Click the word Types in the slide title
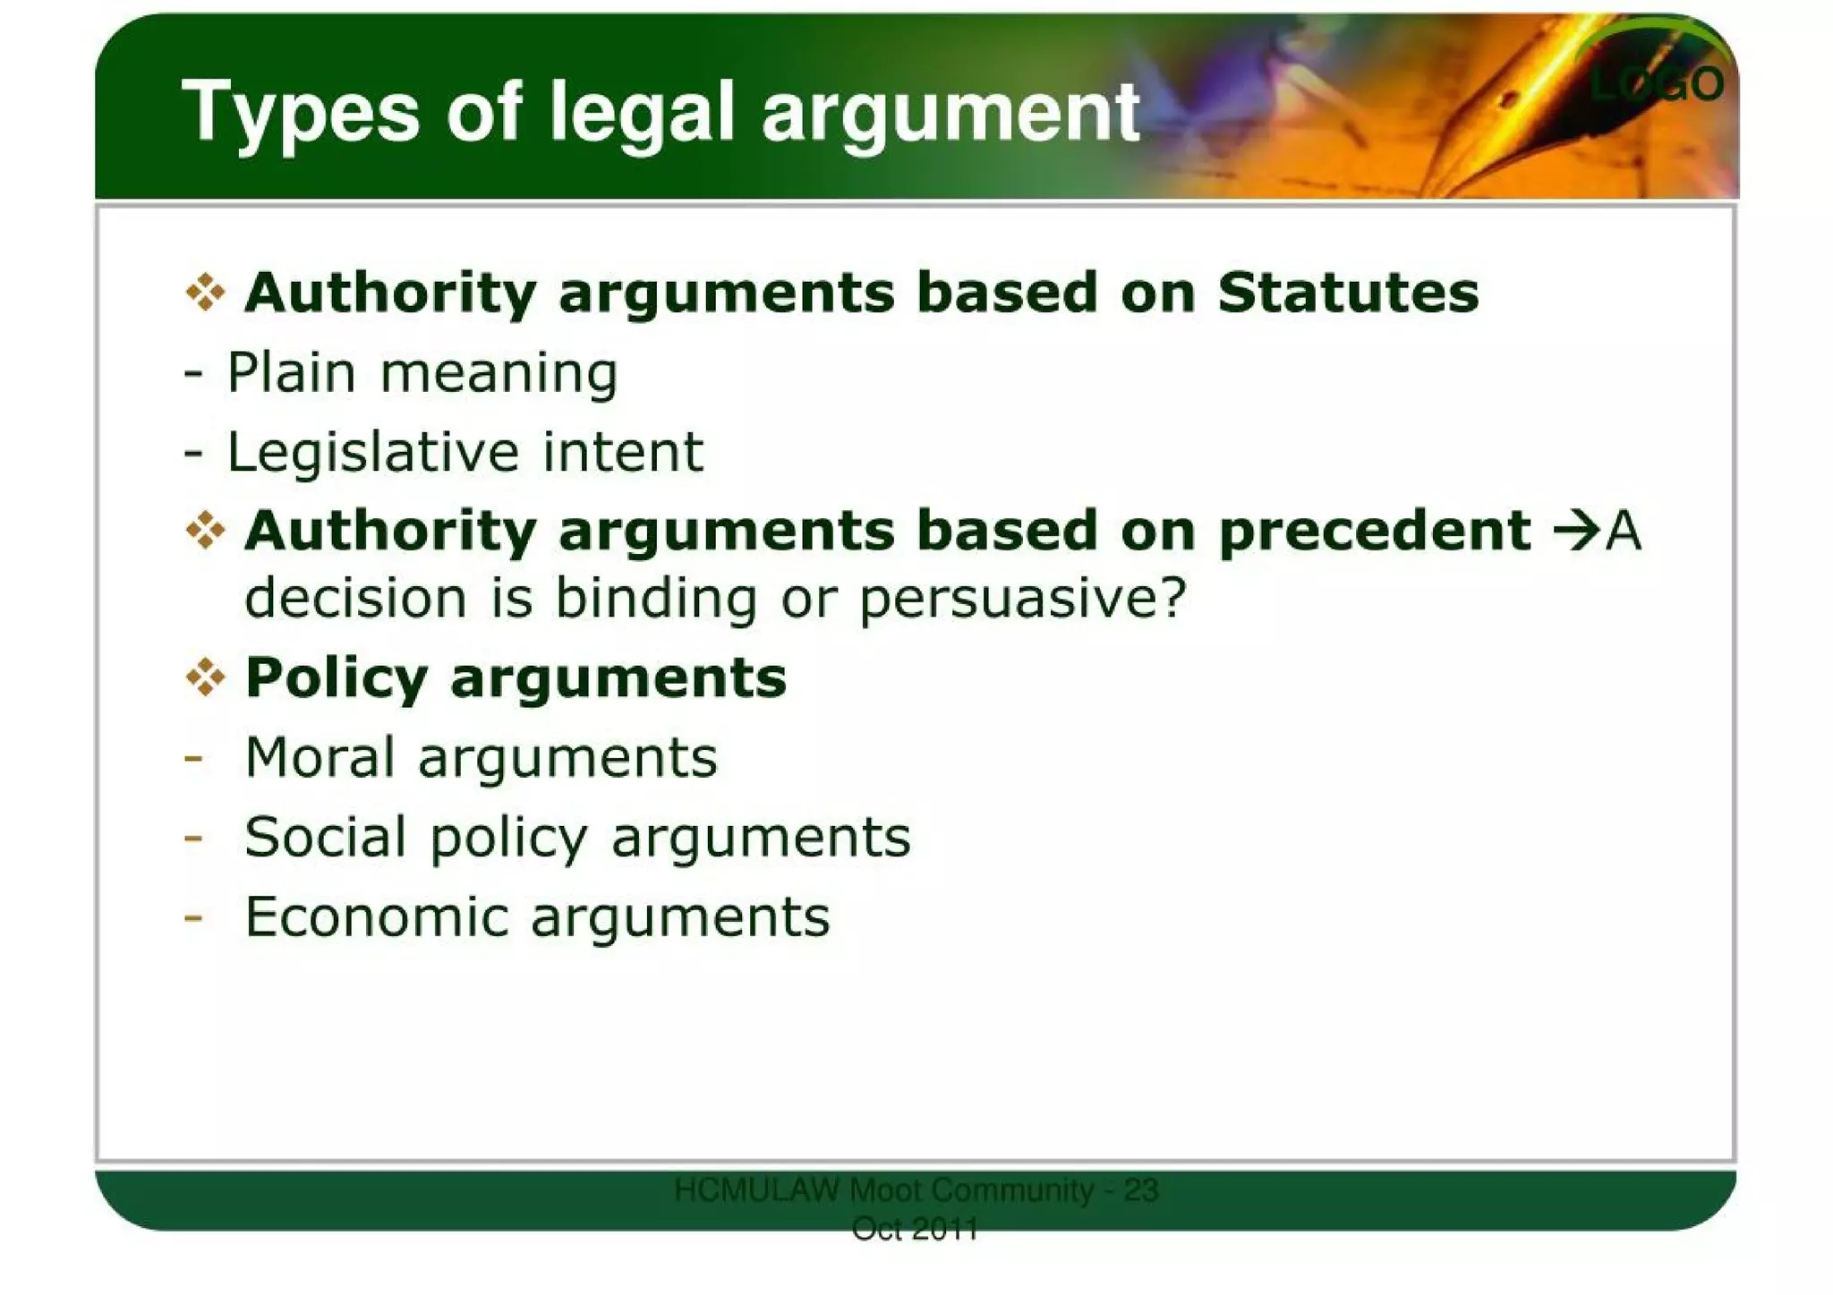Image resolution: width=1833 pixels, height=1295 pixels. coord(300,113)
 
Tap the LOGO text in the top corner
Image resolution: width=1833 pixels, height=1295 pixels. coord(1657,85)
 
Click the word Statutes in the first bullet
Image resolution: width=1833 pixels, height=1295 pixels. coord(1348,293)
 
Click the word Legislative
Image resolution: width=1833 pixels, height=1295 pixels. coord(372,453)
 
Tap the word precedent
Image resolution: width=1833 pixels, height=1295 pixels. coord(1374,532)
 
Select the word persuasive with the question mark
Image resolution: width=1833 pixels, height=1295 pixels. coord(1023,599)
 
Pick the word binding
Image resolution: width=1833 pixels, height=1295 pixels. coord(656,598)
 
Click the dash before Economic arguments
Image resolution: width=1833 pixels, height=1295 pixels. coord(192,917)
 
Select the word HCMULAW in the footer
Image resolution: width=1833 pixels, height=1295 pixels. coord(756,1190)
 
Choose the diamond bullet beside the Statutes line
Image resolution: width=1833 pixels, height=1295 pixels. coord(205,293)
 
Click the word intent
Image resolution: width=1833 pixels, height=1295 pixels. coord(623,452)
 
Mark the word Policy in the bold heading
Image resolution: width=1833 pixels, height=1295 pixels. coord(337,678)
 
